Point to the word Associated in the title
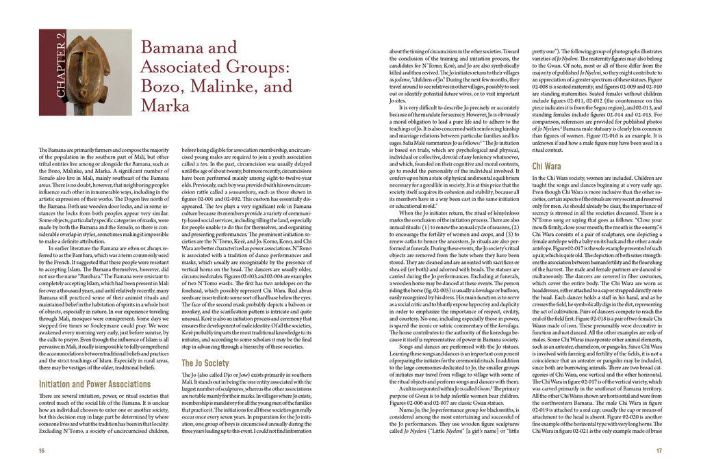(177, 68)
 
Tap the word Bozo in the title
(161, 88)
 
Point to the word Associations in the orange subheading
(127, 384)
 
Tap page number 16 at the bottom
(42, 451)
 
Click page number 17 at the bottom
(659, 451)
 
